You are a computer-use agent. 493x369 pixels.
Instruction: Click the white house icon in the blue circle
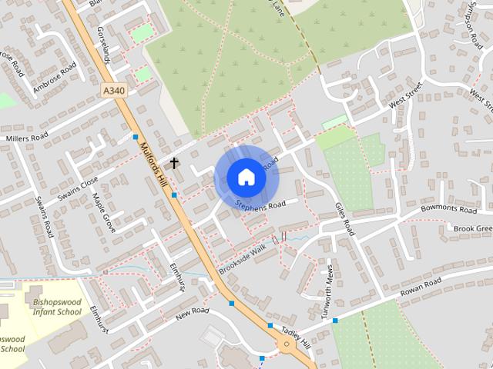(x=246, y=177)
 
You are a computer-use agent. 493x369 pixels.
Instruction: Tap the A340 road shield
(x=112, y=90)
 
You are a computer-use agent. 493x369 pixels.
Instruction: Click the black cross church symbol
(x=174, y=163)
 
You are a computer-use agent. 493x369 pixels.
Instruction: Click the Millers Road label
(x=26, y=138)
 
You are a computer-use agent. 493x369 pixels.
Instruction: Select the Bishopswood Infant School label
(x=57, y=307)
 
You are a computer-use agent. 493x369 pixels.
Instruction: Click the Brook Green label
(x=473, y=228)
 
